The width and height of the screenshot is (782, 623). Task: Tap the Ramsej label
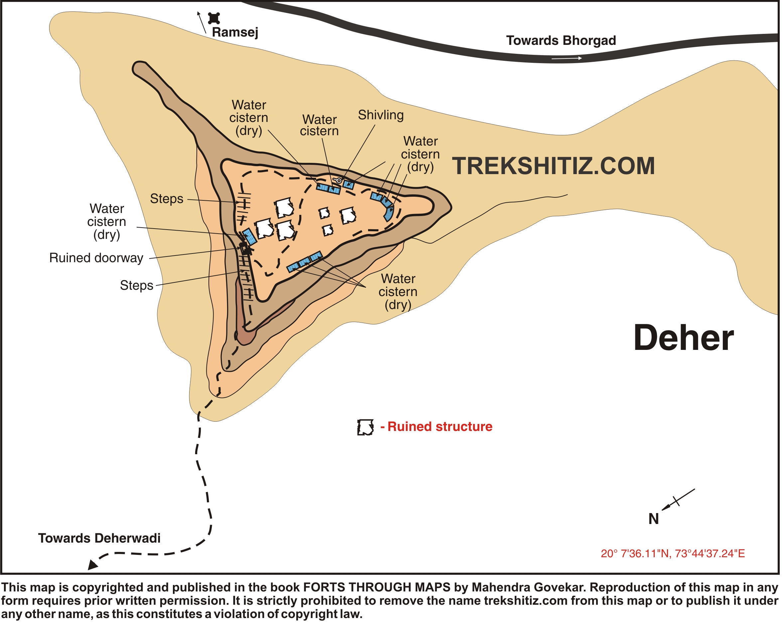(235, 32)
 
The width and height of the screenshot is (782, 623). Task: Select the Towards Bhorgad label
(561, 41)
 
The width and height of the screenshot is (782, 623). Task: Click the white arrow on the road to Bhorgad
(567, 58)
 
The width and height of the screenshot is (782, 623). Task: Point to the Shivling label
(380, 115)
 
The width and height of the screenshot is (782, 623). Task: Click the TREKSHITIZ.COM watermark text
(553, 166)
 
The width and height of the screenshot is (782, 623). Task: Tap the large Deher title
(683, 338)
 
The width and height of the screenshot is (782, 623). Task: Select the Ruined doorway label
(96, 258)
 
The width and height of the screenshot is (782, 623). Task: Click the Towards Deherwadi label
(99, 538)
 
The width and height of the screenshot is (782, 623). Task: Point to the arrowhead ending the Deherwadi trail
(92, 565)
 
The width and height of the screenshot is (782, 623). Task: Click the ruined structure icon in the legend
(365, 427)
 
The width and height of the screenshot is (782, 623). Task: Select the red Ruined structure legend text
(440, 427)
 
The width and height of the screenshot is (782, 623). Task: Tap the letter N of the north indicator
(653, 519)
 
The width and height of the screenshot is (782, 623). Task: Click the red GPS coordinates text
(673, 554)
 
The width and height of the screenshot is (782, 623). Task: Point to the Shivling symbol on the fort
(338, 180)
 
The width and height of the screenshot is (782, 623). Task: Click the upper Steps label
(167, 199)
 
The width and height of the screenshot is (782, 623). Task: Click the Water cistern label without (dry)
(319, 125)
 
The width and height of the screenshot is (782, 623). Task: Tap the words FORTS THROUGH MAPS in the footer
(376, 587)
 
